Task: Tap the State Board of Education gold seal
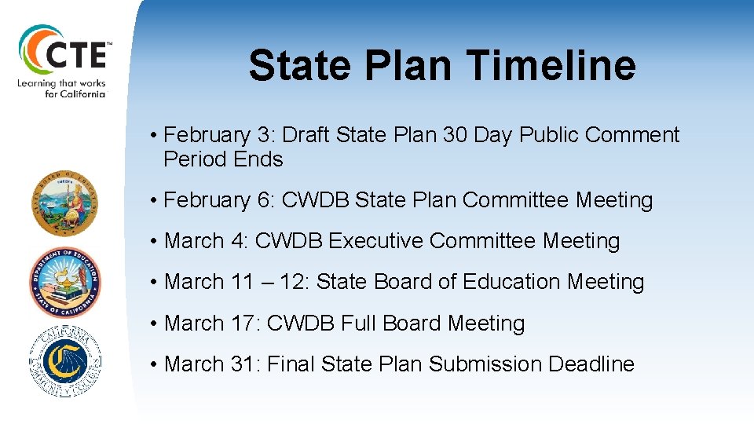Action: point(65,203)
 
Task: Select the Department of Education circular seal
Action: point(65,281)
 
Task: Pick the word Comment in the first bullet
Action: point(631,135)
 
